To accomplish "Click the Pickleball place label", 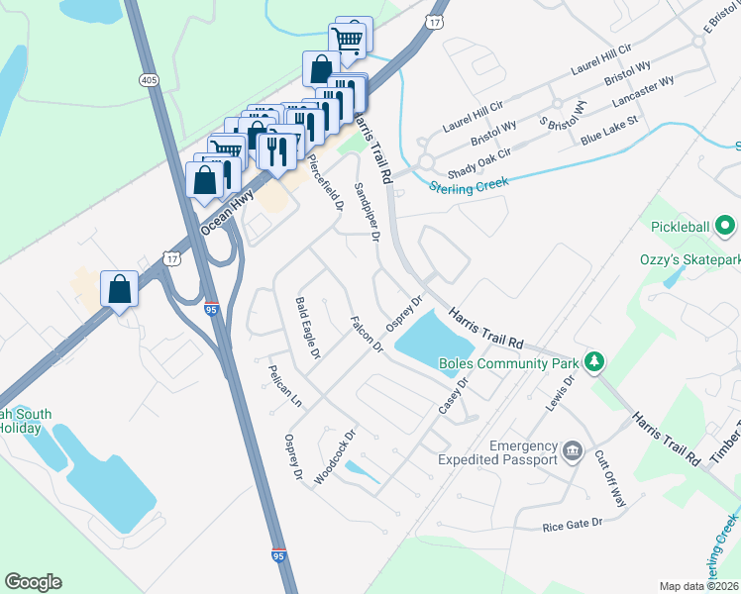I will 680,227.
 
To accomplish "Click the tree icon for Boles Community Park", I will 594,361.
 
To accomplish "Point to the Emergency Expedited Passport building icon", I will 573,452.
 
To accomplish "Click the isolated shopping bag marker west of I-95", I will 119,290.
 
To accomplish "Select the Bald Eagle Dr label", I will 308,327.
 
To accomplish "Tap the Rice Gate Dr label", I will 573,524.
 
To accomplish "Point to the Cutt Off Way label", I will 609,479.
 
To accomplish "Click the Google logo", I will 33,582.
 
